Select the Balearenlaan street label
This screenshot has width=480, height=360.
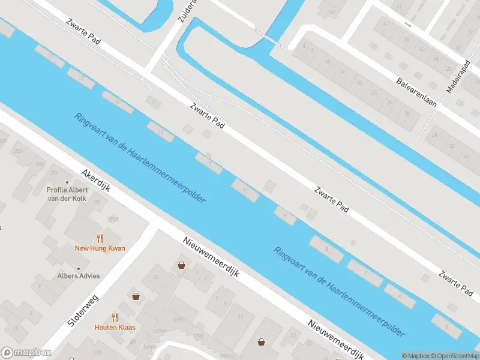coord(416,92)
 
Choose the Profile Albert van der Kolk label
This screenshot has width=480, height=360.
coord(67,194)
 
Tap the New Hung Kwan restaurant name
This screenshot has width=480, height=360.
coord(100,248)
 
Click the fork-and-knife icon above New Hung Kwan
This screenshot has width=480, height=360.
coord(100,238)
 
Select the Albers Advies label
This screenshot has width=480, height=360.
coord(79,275)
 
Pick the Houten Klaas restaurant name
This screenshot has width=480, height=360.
coord(115,327)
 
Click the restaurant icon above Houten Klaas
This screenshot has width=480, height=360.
coord(115,317)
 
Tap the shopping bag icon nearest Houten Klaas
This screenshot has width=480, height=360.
coord(136,296)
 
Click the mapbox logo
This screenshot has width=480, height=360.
coord(25,352)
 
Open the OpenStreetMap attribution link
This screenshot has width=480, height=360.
coord(453,356)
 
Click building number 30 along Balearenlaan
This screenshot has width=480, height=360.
coord(407,113)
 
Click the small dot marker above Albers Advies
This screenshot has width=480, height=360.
coord(79,268)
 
